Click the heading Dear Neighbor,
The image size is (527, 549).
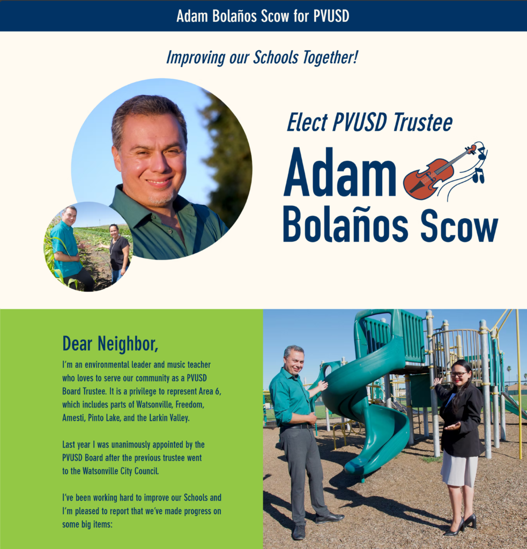(x=110, y=344)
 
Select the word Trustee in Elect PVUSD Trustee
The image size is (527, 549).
(x=422, y=122)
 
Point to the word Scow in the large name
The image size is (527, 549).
(x=459, y=226)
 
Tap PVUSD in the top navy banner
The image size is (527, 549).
(x=331, y=16)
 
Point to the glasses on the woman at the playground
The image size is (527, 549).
(x=459, y=374)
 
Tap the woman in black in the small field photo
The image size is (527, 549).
(x=117, y=252)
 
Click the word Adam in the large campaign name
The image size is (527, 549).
(x=340, y=172)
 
